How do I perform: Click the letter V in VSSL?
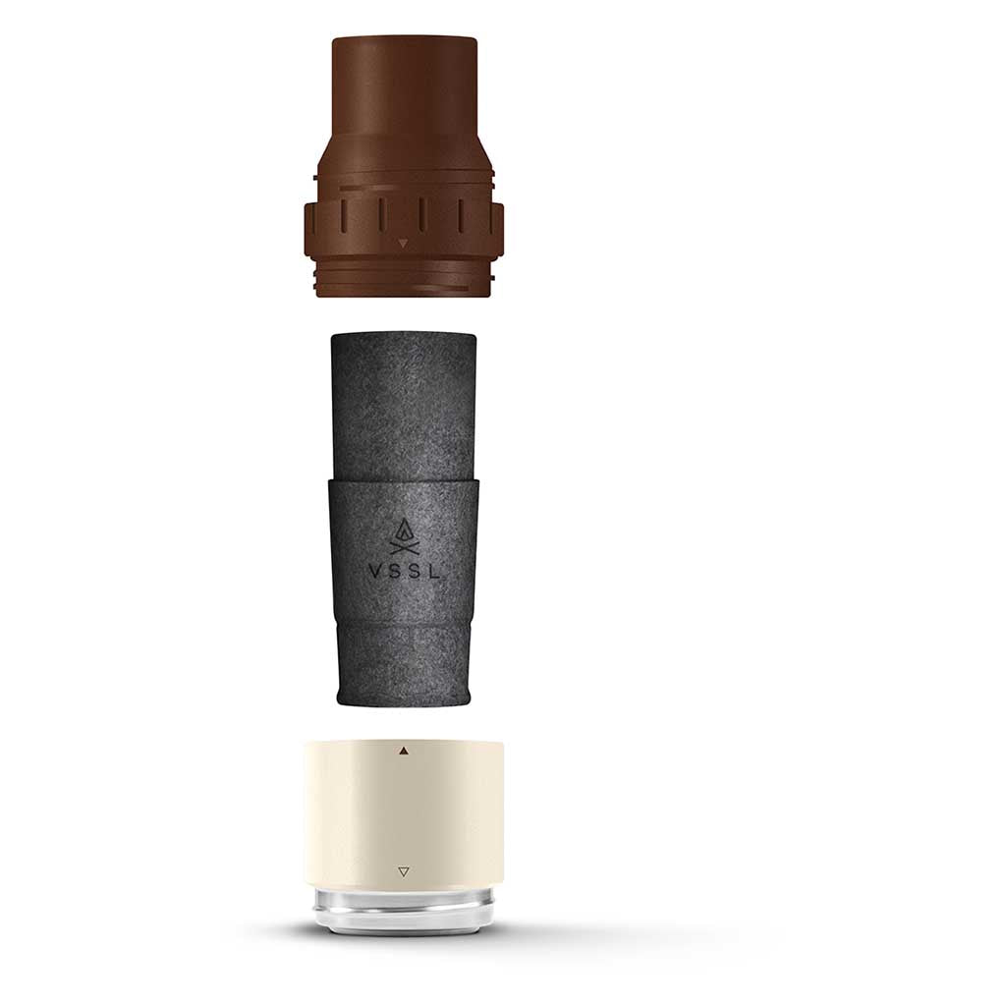373,573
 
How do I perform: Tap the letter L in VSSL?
434,573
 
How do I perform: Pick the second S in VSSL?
414,573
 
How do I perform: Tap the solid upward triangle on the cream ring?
404,750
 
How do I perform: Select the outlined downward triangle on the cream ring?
404,872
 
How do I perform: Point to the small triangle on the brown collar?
403,244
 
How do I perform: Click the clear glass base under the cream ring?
403,907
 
